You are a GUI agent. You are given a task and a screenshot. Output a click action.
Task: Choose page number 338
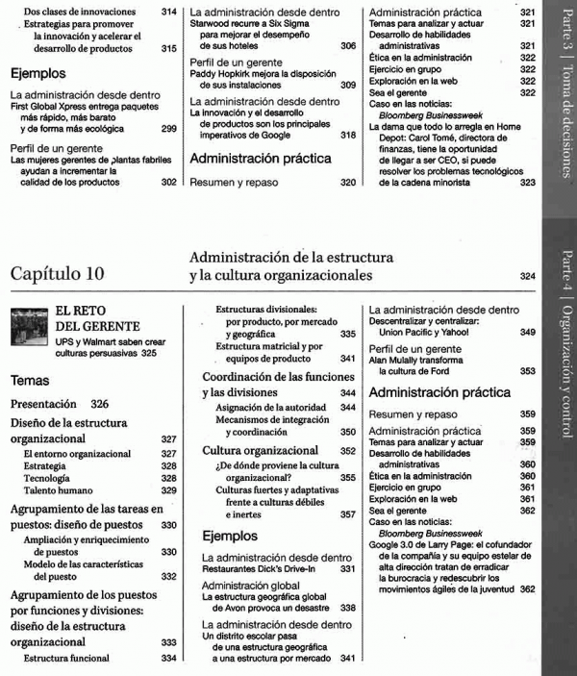[x=347, y=608]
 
